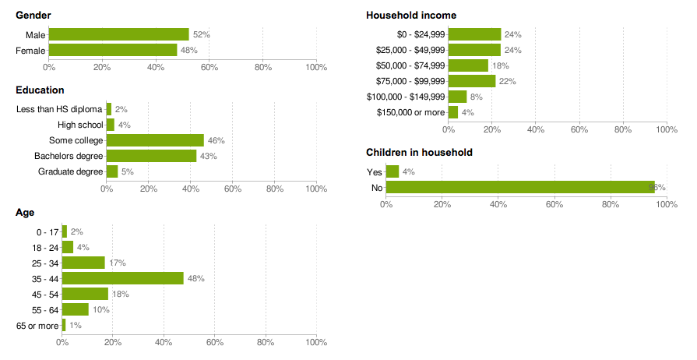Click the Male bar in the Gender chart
[x=118, y=34]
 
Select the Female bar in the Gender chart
[x=113, y=50]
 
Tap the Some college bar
[x=155, y=140]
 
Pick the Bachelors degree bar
[x=151, y=156]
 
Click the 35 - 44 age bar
[x=122, y=278]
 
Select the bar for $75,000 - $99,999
[x=472, y=81]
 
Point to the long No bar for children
[x=520, y=187]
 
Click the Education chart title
[x=40, y=90]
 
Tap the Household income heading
[x=411, y=16]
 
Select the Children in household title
[x=419, y=153]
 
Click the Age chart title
[x=25, y=213]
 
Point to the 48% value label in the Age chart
[x=195, y=279]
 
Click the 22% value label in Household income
[x=508, y=81]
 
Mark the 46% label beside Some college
[x=216, y=141]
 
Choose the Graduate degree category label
[x=70, y=171]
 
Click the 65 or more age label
[x=37, y=325]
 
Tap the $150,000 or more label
[x=410, y=112]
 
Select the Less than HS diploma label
[x=59, y=109]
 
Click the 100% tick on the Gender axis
[x=316, y=67]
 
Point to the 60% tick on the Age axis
[x=214, y=341]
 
